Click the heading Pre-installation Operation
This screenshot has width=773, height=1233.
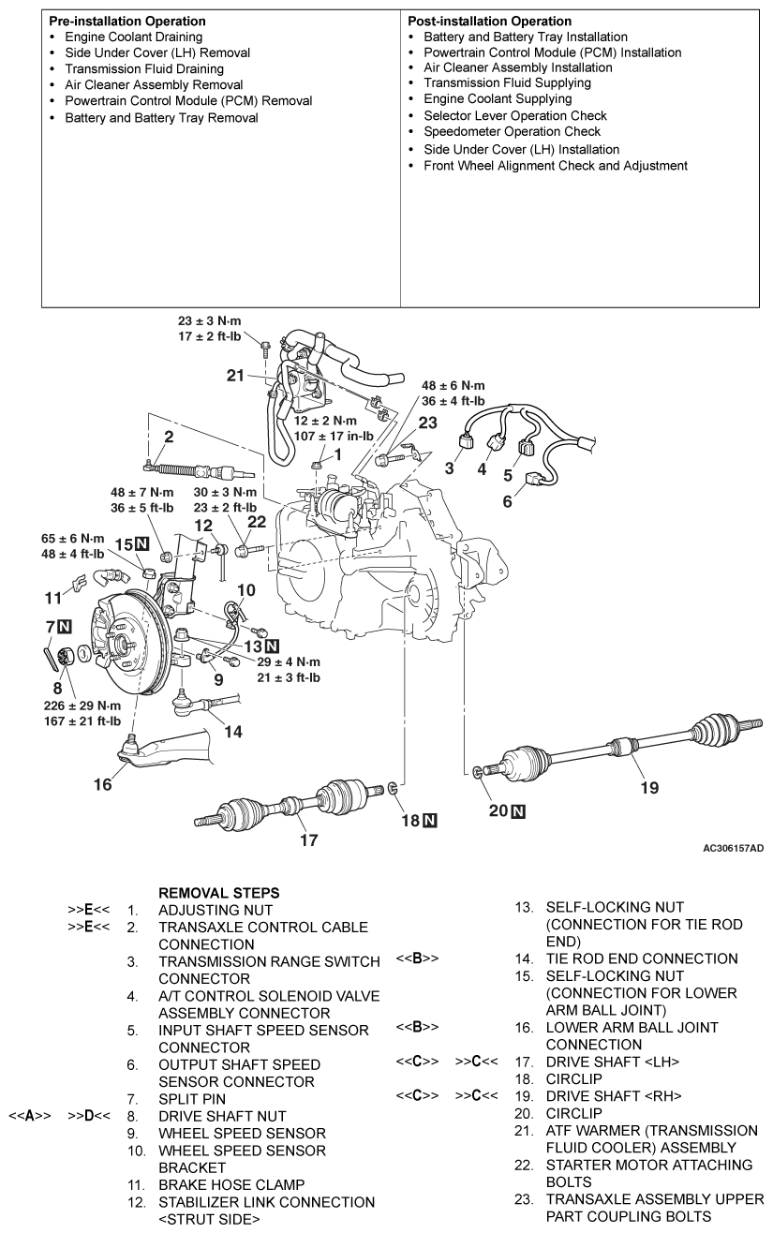[127, 21]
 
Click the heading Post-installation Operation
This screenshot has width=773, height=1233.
[490, 21]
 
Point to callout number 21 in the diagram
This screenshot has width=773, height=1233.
[236, 376]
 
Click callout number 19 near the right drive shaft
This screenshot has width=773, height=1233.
[648, 787]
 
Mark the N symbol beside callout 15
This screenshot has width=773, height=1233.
[141, 543]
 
